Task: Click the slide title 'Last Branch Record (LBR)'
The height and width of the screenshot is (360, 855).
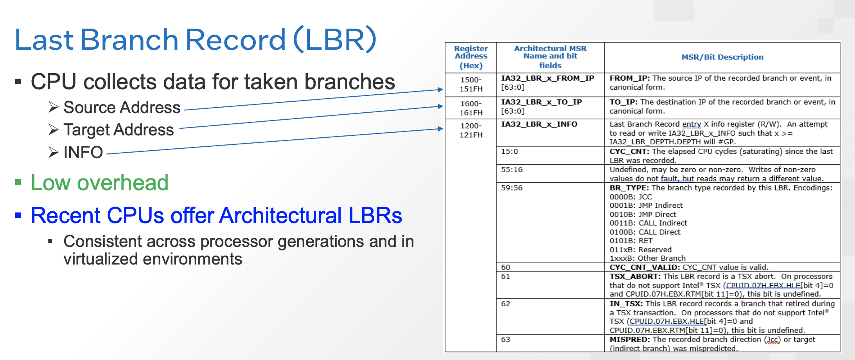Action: [x=196, y=40]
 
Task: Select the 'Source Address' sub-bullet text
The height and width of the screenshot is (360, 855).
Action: [x=122, y=107]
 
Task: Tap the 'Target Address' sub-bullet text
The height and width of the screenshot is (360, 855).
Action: [x=119, y=130]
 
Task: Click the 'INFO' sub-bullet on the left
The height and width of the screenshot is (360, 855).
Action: [x=83, y=152]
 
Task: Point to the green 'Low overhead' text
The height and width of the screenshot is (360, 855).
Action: [x=100, y=182]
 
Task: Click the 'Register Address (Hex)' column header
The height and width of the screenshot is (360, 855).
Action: [x=471, y=57]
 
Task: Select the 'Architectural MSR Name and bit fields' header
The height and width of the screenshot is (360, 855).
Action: [x=550, y=57]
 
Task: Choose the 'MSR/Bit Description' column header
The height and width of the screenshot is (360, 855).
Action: [x=722, y=57]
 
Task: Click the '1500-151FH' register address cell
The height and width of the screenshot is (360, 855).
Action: [x=471, y=84]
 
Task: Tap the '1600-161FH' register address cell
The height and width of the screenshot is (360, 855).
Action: [x=471, y=108]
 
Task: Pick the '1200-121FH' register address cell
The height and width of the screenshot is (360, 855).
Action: [x=471, y=130]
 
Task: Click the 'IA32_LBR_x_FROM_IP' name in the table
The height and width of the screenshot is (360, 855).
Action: [x=548, y=78]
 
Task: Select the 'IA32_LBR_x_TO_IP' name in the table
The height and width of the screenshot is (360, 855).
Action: [x=542, y=102]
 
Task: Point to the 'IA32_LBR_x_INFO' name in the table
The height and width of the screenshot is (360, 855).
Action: [x=539, y=124]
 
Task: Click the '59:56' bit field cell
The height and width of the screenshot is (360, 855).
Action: [x=512, y=188]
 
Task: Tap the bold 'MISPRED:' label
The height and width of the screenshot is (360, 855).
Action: [x=630, y=339]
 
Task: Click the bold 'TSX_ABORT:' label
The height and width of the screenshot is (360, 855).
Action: [x=635, y=276]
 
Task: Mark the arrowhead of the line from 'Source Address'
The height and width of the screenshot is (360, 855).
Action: [x=441, y=90]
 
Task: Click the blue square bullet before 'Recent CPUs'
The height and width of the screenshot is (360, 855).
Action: [x=18, y=215]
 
